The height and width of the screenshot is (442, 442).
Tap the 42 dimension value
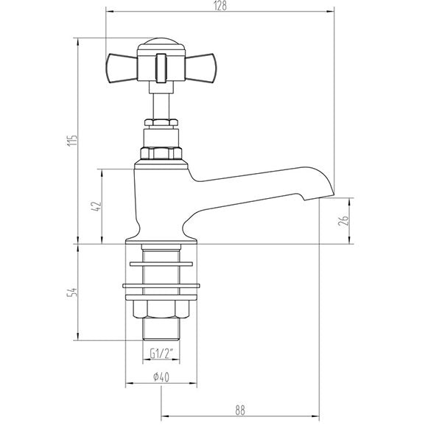95,206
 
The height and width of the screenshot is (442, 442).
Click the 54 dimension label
71,292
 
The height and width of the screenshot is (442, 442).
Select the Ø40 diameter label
162,378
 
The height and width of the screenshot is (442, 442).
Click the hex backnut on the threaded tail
161,309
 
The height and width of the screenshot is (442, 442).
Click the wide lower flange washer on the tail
161,285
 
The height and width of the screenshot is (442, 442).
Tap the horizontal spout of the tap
258,180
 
